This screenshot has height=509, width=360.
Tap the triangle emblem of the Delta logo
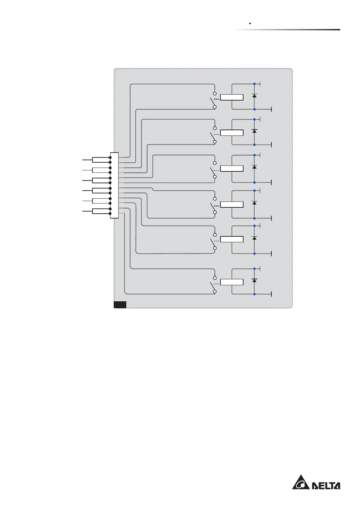[300, 482]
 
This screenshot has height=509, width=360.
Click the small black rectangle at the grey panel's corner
[120, 304]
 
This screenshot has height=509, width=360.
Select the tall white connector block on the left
[114, 185]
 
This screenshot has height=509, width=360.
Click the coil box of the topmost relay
[232, 97]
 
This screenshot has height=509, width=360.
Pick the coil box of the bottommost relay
[232, 282]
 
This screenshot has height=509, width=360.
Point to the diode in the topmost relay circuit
[254, 95]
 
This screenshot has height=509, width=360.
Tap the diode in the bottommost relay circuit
[254, 280]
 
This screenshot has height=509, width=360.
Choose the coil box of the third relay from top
[232, 169]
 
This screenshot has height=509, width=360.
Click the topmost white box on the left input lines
[101, 160]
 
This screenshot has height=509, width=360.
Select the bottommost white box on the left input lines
[101, 211]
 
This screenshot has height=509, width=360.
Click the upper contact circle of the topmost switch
[215, 94]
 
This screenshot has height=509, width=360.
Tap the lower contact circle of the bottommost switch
[215, 292]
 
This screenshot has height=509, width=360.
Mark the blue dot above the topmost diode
[254, 84]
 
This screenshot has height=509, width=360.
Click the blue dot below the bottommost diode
[254, 294]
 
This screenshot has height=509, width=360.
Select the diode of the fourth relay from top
[254, 203]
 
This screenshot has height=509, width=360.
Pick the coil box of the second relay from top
[232, 133]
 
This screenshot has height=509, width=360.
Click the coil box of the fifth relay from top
[232, 239]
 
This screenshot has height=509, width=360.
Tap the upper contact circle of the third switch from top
[215, 163]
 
